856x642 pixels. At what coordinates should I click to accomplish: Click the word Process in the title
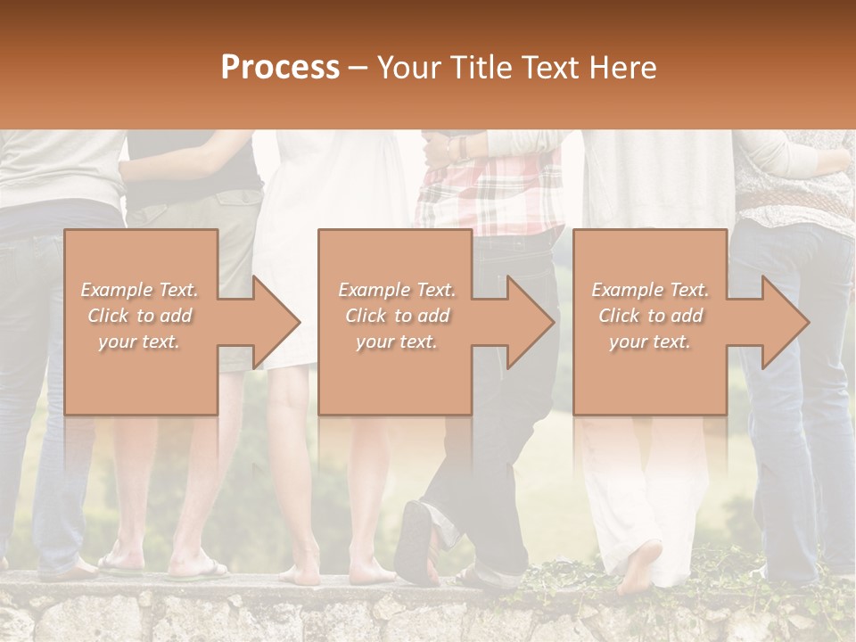[x=280, y=67]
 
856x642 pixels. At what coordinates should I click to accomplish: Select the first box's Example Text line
[x=139, y=290]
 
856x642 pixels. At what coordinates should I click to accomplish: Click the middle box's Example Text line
[x=397, y=290]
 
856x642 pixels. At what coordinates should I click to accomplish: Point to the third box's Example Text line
[x=650, y=290]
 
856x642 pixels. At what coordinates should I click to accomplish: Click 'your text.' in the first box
[x=139, y=342]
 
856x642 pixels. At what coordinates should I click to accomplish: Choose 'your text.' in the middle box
[x=397, y=342]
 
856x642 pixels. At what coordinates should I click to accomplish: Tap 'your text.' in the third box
[x=650, y=342]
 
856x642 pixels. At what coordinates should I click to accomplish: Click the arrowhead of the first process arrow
[x=276, y=322]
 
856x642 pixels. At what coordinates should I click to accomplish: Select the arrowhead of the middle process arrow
[x=531, y=322]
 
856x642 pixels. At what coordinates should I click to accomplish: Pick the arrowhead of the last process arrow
[x=786, y=322]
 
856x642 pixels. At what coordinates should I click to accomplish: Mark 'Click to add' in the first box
[x=139, y=316]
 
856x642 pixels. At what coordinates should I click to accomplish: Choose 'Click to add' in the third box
[x=650, y=316]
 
